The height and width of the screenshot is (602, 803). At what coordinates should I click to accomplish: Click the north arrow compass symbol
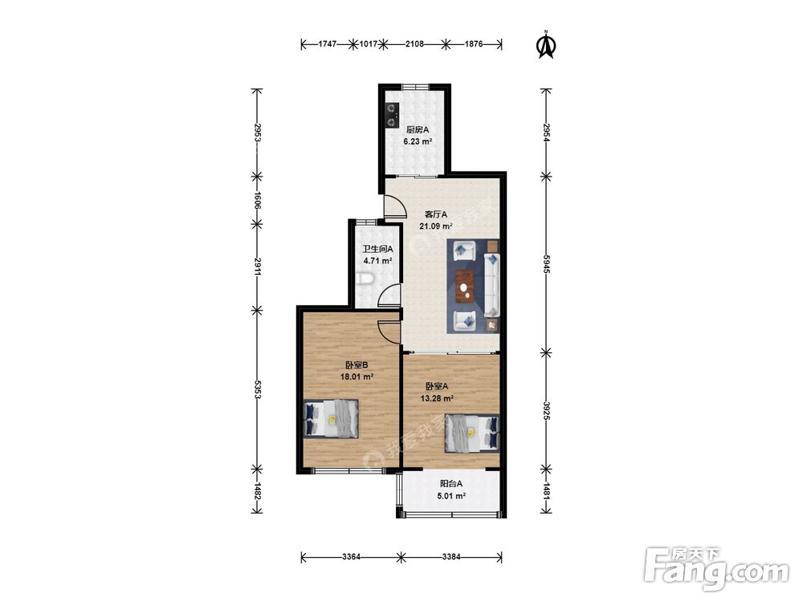pyautogui.click(x=546, y=44)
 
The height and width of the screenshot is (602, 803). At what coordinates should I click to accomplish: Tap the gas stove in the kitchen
pyautogui.click(x=393, y=115)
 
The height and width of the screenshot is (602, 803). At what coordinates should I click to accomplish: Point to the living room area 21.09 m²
pyautogui.click(x=436, y=226)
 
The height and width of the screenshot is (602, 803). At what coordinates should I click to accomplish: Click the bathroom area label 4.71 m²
pyautogui.click(x=377, y=261)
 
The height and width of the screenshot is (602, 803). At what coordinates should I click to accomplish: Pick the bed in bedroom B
pyautogui.click(x=331, y=418)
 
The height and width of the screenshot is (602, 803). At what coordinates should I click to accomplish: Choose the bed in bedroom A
pyautogui.click(x=472, y=433)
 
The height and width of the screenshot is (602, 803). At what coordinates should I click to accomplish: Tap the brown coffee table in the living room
pyautogui.click(x=465, y=287)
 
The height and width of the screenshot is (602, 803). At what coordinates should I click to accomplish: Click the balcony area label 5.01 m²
pyautogui.click(x=451, y=495)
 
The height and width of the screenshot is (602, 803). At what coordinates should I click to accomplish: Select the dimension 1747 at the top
pyautogui.click(x=328, y=44)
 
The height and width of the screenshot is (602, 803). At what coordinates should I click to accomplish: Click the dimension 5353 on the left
pyautogui.click(x=258, y=389)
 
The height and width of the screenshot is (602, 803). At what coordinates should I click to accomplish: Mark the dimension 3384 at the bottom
pyautogui.click(x=451, y=556)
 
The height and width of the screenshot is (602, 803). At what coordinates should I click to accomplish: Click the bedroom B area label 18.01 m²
pyautogui.click(x=357, y=376)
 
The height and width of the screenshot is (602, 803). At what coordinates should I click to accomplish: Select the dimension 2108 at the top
pyautogui.click(x=414, y=44)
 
